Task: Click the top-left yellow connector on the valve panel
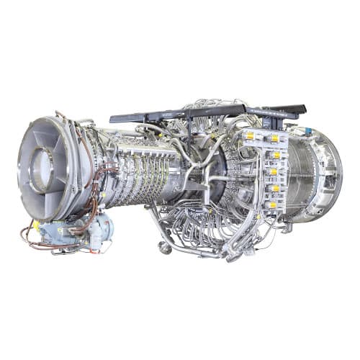(x=250, y=135)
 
